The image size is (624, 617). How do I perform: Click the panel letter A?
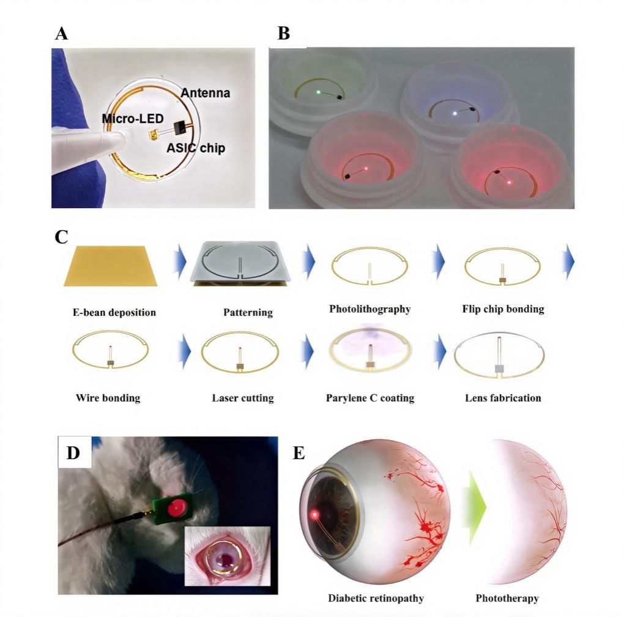61,33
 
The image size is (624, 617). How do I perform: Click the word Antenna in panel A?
206,93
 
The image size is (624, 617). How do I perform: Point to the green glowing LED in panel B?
319,92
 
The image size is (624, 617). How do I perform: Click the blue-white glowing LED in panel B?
454,113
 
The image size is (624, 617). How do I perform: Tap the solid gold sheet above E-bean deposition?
111,266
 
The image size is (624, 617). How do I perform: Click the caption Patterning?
248,312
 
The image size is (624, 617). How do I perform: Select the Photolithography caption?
370,308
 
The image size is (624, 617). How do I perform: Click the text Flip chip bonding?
503,308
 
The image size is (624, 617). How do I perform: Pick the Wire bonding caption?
108,398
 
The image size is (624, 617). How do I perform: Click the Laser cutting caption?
243,398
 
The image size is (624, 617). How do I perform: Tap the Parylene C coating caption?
370,398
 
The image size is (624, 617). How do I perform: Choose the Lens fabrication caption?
503,398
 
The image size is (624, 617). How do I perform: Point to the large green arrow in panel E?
476,507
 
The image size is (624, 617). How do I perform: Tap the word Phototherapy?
507,598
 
